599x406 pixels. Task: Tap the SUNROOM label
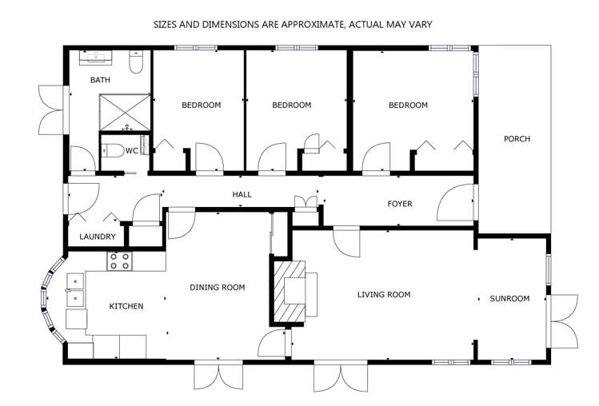(509, 299)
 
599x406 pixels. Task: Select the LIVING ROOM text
(383, 295)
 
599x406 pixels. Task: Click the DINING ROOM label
(217, 287)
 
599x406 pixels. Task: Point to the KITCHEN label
(126, 306)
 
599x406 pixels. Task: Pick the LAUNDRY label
(98, 237)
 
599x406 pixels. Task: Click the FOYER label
(400, 204)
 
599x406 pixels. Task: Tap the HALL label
(242, 195)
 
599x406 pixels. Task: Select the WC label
(132, 150)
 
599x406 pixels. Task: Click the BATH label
(100, 80)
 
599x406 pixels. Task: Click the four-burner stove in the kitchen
(119, 261)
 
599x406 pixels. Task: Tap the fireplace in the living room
(290, 293)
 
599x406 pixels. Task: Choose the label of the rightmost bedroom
(408, 105)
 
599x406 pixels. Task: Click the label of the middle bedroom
(291, 105)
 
